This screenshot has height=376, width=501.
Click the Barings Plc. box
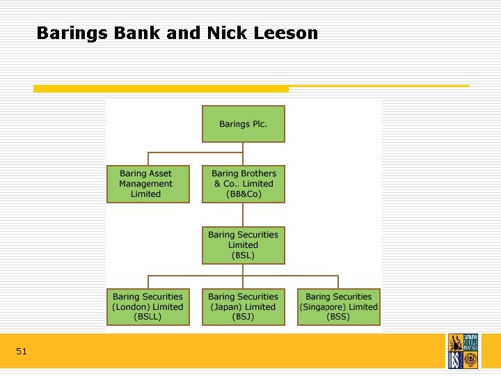(243, 124)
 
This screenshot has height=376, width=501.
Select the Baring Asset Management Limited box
(148, 184)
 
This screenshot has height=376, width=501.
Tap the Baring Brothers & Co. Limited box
(243, 184)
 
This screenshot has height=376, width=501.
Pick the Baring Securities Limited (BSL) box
(243, 245)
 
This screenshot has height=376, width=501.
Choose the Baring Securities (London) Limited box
(148, 307)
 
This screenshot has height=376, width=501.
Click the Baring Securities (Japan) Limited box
(243, 307)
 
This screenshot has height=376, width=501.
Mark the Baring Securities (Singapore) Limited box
(339, 307)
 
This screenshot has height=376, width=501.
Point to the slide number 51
(22, 352)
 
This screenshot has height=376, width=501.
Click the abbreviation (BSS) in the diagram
(339, 318)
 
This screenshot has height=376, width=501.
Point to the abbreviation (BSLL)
(148, 318)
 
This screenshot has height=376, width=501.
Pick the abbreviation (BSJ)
(243, 318)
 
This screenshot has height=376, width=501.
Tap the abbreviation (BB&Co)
(243, 194)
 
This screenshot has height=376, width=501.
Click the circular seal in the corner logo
(470, 359)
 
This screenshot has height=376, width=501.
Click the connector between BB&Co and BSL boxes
(243, 214)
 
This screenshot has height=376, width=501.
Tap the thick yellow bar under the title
(161, 88)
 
